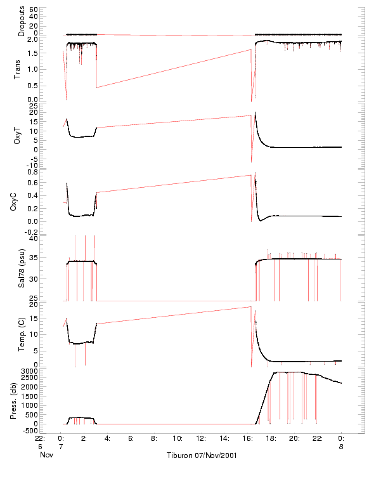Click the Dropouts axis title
click(x=22, y=22)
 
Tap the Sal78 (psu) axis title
click(x=22, y=268)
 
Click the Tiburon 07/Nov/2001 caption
click(x=202, y=455)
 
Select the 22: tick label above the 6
click(x=39, y=438)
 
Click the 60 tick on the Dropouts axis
click(x=34, y=10)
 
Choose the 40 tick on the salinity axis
click(x=34, y=239)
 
